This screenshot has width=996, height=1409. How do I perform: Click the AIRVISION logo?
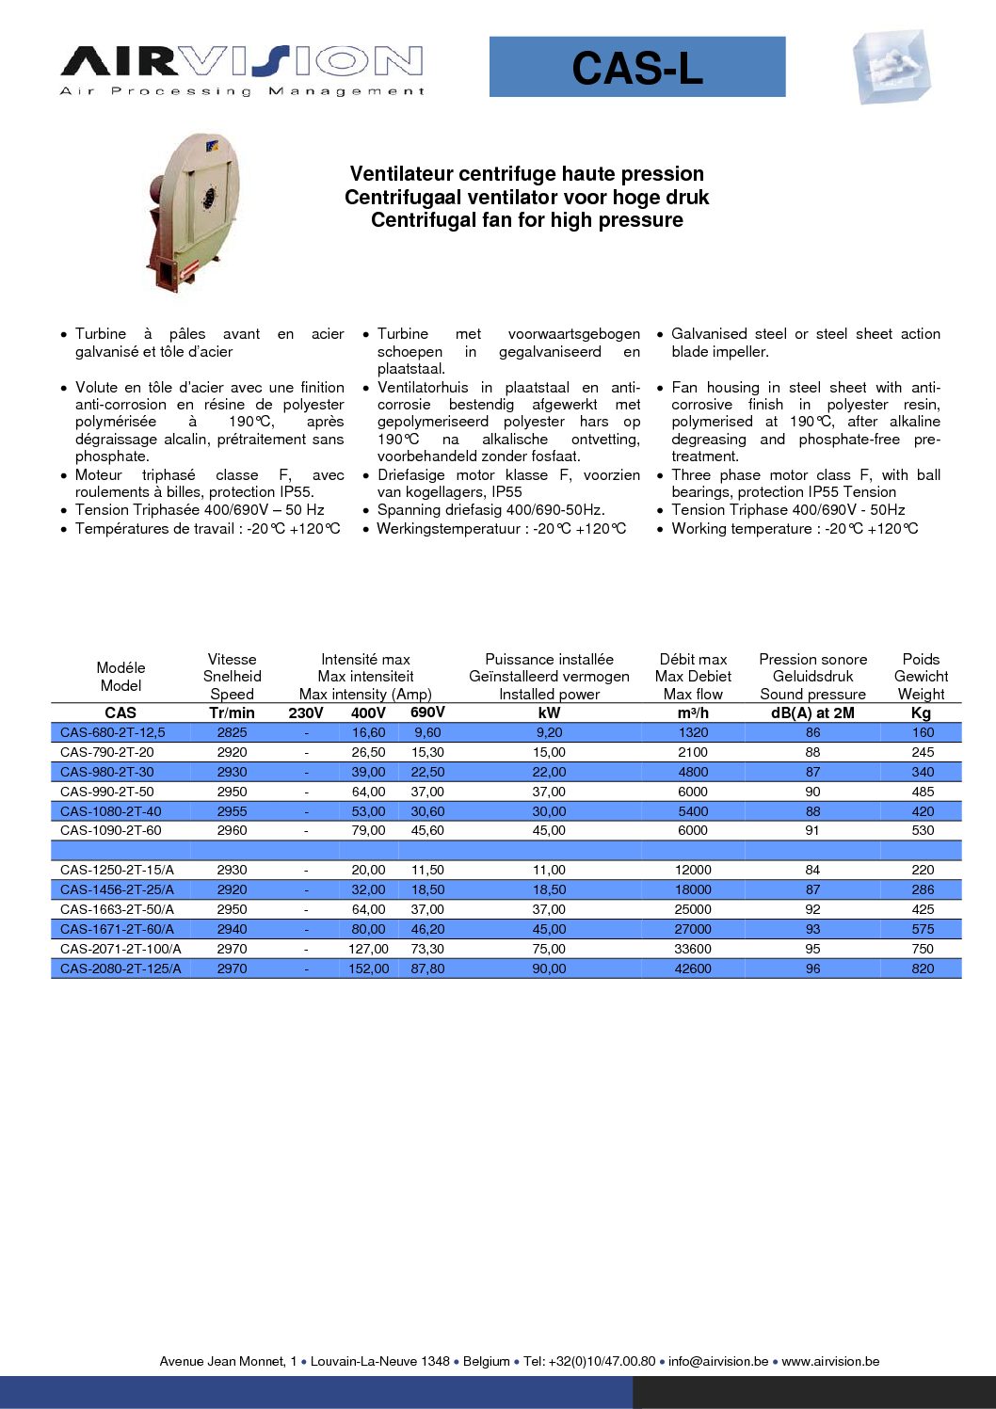coord(242,70)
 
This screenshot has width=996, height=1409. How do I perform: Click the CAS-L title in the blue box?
coord(637,68)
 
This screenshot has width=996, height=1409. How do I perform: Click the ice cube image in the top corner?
coord(891,67)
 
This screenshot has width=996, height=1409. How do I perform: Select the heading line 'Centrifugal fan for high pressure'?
coord(526,220)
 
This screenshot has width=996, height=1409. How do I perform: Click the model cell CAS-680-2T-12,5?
coord(112,732)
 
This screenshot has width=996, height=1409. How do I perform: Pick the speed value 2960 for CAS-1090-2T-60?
coord(232,830)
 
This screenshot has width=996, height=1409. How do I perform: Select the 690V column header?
coord(427,713)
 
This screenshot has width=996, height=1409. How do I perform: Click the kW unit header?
coord(549,713)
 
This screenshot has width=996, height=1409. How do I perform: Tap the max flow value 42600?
coord(693,969)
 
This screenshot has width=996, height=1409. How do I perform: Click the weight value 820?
coord(923,969)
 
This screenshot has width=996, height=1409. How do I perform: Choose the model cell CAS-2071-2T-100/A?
coord(120,949)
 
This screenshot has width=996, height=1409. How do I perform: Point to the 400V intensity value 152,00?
coord(368,969)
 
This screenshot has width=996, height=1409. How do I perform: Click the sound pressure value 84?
coord(812,870)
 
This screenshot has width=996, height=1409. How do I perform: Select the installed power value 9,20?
coord(549,732)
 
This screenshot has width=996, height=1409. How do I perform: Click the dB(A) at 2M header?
coord(812,713)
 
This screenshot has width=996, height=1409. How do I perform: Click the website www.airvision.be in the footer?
coord(830,1361)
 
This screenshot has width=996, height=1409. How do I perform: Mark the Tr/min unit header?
coord(232,713)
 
